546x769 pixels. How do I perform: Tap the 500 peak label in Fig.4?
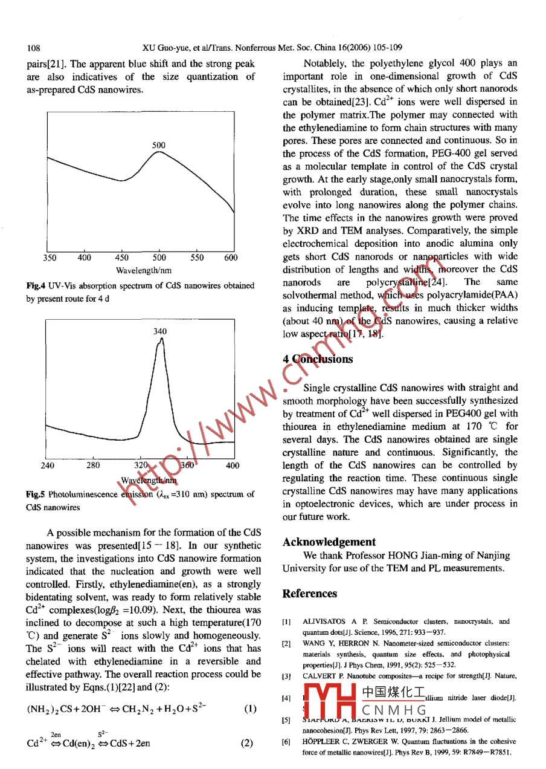pos(159,145)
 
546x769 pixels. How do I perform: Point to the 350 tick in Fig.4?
pos(50,258)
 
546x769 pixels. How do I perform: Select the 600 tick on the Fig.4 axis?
pos(231,258)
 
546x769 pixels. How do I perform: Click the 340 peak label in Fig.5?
pos(160,331)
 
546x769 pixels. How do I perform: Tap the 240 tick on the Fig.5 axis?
pos(47,466)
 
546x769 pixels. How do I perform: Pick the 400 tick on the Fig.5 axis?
pos(232,466)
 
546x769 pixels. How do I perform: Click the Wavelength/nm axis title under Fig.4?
pos(143,270)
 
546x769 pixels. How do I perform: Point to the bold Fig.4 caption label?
pos(36,285)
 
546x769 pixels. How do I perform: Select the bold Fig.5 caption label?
pos(36,494)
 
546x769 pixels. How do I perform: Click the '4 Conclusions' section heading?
pos(318,359)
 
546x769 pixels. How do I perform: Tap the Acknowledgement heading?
pos(329,542)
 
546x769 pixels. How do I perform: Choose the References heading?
pos(310,593)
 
